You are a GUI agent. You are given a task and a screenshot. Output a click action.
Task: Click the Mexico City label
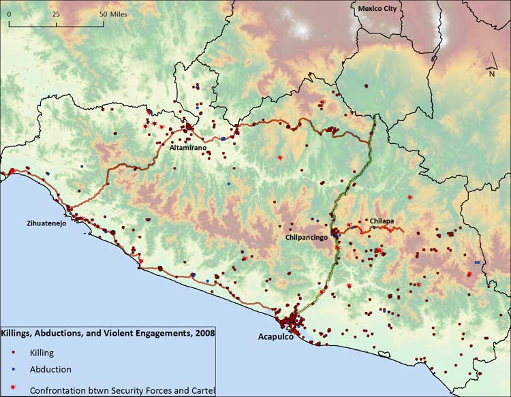pos(377,8)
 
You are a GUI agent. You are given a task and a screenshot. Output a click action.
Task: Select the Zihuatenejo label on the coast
pos(27,223)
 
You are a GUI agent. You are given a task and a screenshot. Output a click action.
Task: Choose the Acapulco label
pos(278,337)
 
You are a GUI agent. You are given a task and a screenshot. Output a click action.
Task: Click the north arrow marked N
pos(491,73)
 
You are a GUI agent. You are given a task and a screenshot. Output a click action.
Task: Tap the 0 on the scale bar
pos(10,14)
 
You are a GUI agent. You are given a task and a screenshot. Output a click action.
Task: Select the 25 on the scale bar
pos(56,14)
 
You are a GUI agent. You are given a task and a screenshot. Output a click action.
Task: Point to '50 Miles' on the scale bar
pos(114,14)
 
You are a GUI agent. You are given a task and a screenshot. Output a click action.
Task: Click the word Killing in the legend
pos(42,353)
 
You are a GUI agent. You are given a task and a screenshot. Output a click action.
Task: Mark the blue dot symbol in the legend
pos(14,370)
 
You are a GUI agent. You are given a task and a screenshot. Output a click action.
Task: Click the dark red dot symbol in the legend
pos(14,353)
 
